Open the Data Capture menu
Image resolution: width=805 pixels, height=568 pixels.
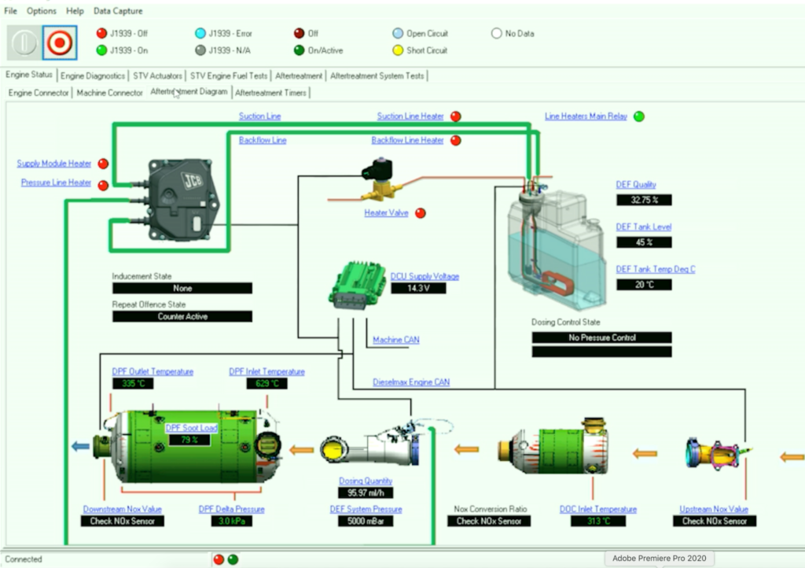[118, 11]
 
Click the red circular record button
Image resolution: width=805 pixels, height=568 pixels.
[59, 42]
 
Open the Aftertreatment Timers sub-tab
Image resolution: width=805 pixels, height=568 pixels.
[271, 92]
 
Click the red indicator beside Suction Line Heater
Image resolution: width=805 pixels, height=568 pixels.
[455, 116]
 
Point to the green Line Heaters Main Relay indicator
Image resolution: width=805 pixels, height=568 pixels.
[639, 116]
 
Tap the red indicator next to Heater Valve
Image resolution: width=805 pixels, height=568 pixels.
[421, 212]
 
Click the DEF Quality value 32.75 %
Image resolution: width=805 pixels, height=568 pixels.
[644, 200]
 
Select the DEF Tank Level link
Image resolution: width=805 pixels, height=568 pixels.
[643, 227]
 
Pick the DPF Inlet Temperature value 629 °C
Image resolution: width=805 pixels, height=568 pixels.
[266, 384]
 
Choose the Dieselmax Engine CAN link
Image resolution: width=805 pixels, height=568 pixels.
[411, 382]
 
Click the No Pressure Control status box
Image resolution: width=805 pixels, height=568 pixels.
[601, 337]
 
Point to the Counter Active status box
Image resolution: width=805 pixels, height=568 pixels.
[182, 316]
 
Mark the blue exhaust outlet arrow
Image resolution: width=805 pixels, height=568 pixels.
[80, 446]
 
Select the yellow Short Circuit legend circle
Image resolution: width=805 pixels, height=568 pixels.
[398, 50]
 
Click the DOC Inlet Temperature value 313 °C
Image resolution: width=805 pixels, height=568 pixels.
[597, 521]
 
